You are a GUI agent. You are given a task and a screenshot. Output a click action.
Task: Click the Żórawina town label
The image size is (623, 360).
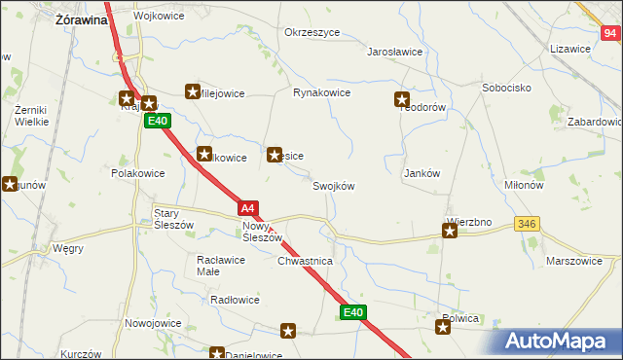pos(81,18)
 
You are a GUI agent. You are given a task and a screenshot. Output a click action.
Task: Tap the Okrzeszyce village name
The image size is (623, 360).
pos(311,32)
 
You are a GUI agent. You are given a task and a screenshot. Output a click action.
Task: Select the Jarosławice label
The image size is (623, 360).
pos(394,53)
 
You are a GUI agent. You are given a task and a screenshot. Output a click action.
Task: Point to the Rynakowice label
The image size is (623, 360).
pos(322,93)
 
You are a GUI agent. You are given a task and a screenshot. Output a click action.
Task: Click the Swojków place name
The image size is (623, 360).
pos(333,186)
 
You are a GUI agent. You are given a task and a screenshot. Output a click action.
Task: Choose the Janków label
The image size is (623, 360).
pos(422,173)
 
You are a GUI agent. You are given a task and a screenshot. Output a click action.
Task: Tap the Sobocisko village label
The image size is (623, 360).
pos(505,88)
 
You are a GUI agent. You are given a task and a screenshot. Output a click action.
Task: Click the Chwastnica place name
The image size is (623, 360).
pos(306,262)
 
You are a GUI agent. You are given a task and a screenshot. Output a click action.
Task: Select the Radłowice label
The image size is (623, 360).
pos(235,300)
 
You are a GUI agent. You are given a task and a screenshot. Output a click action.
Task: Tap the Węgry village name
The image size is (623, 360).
pos(68,248)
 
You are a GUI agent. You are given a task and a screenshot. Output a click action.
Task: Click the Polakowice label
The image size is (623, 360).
pos(137,172)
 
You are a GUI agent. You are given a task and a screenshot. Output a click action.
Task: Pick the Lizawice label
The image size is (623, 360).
pos(570,49)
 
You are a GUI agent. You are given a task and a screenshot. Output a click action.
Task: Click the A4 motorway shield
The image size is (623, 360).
pos(248,208)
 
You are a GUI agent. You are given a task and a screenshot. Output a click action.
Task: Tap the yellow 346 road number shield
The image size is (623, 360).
pos(528,224)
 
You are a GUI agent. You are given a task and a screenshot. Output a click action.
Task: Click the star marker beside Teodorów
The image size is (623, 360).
pos(401,98)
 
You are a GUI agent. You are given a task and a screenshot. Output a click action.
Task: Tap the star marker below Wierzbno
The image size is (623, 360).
pos(450,232)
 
